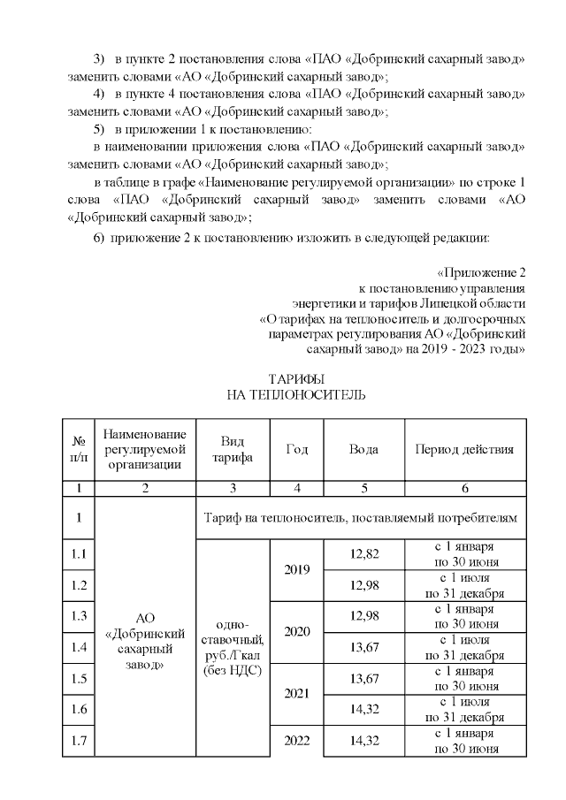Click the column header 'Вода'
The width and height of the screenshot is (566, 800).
[363, 449]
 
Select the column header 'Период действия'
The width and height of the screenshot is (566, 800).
[464, 449]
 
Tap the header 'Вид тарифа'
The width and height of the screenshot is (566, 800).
[231, 449]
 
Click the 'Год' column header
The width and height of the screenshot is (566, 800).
[296, 449]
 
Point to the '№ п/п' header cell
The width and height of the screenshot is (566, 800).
[79, 449]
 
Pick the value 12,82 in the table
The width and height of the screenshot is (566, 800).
[363, 553]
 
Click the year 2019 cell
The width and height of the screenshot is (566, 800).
[296, 569]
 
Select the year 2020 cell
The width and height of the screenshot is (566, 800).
[296, 632]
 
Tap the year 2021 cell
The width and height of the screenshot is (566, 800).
[296, 694]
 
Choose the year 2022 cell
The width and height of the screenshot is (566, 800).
[296, 741]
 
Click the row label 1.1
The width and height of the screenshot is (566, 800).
[79, 554]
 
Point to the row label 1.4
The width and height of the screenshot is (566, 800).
[79, 647]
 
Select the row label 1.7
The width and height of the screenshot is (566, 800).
[79, 741]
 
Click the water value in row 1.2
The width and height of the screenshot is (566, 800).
[363, 585]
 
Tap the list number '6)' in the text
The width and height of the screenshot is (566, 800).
[99, 237]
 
